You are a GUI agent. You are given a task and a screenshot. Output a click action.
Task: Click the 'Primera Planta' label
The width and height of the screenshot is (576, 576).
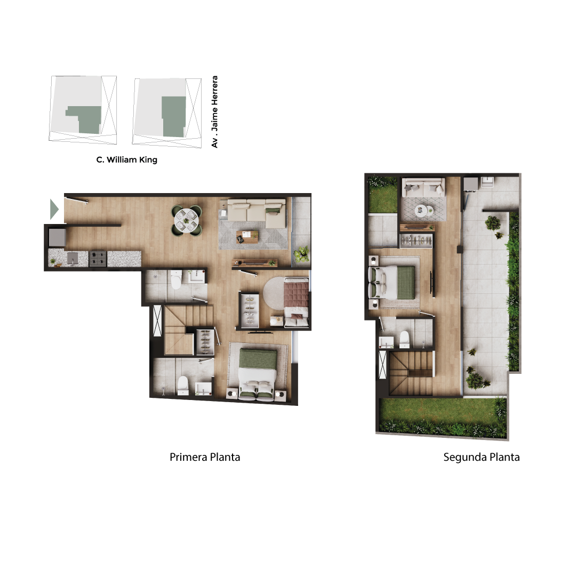click(205, 457)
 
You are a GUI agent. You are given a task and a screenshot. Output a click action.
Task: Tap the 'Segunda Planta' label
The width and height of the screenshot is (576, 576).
click(481, 457)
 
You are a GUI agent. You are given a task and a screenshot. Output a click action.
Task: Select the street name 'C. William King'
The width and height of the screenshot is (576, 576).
click(127, 160)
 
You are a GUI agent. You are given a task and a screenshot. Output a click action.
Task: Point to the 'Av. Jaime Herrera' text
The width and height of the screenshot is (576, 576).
click(214, 111)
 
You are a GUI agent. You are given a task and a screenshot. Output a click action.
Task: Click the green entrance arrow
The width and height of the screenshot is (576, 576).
click(54, 210)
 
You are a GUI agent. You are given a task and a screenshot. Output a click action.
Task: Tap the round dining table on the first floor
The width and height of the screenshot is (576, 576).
click(186, 220)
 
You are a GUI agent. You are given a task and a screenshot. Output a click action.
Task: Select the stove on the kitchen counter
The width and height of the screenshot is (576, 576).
click(98, 258)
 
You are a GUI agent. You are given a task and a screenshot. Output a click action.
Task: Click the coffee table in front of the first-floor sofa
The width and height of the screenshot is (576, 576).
click(247, 237)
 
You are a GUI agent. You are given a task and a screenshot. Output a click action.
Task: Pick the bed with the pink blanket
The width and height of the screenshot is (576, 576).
click(296, 302)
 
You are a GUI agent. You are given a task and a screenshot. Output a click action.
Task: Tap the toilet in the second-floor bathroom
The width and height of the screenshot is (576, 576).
click(404, 339)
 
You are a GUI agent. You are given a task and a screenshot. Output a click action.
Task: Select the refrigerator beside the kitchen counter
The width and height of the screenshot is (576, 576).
click(57, 237)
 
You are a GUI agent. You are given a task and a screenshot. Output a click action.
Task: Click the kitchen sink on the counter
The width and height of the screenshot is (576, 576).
click(73, 258)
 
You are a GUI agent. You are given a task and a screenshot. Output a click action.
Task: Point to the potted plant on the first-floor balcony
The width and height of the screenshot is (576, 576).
click(301, 254)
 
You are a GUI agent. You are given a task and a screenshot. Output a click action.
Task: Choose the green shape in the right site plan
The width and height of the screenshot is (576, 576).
click(174, 116)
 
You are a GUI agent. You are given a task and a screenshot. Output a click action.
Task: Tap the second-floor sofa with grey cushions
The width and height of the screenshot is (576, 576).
click(423, 188)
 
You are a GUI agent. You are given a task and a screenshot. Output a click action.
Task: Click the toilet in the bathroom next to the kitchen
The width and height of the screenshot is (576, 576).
click(177, 280)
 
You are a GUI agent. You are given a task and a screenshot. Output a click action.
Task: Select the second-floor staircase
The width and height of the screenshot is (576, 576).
click(411, 373)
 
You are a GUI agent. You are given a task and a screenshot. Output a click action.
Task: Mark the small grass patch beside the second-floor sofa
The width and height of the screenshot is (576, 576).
click(383, 195)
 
